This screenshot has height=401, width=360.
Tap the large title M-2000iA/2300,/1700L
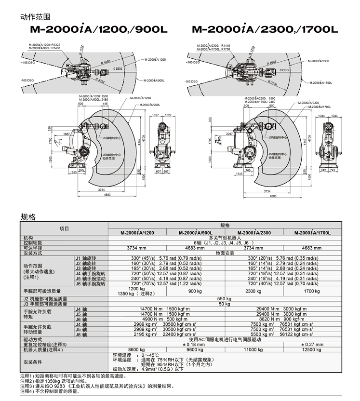(x=265, y=29)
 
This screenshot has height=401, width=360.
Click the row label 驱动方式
(x=33, y=339)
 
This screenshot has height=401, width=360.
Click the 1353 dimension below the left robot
(x=73, y=172)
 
